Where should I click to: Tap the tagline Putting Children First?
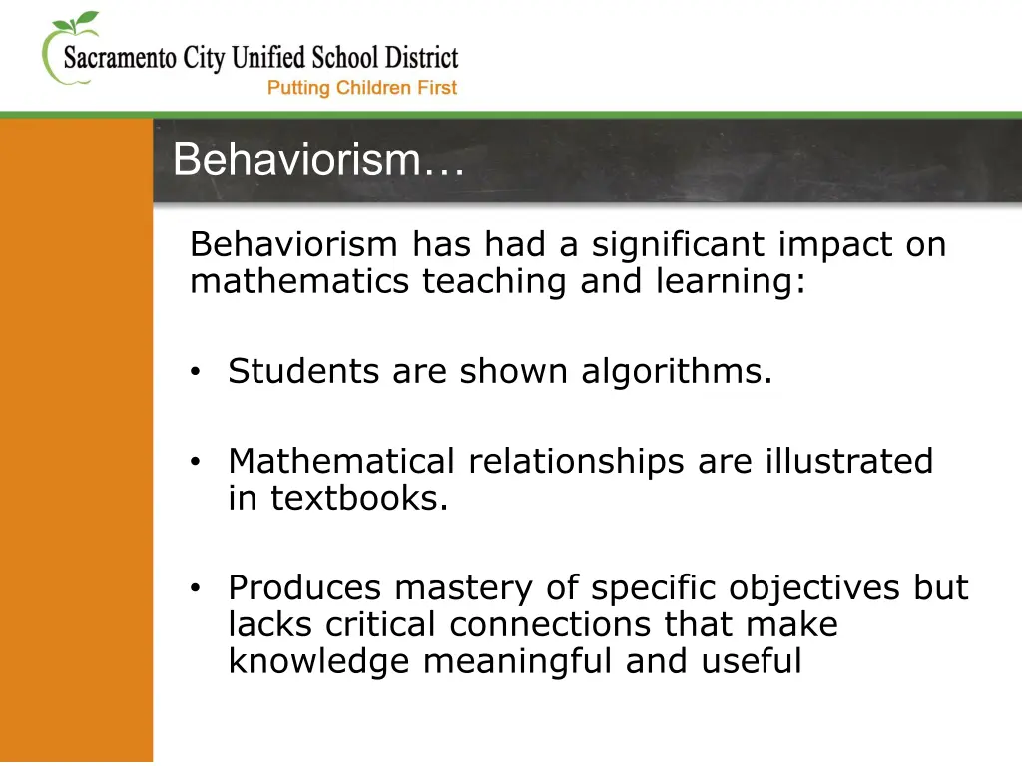[362, 88]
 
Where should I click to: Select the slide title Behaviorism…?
[318, 160]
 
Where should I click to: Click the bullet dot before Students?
[197, 373]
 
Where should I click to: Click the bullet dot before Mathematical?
[197, 462]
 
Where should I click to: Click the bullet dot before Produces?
[197, 589]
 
